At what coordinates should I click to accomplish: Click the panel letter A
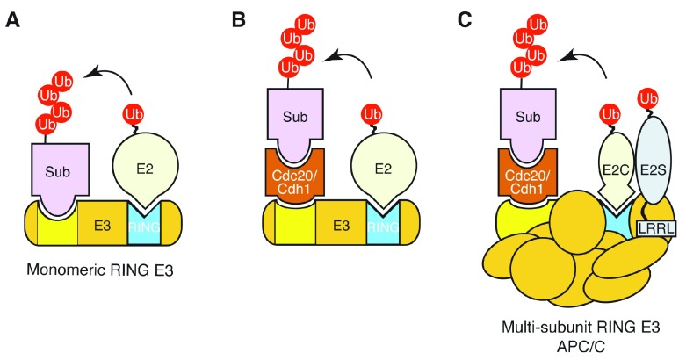[x=12, y=20]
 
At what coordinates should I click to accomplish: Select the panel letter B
[x=238, y=20]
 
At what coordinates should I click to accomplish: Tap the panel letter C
[x=465, y=20]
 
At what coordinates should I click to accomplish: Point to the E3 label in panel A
[x=103, y=226]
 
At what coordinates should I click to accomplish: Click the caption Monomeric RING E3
[x=100, y=270]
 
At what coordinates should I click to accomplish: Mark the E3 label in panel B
[x=342, y=226]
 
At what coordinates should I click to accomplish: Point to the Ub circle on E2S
[x=648, y=99]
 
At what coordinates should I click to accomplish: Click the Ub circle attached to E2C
[x=610, y=115]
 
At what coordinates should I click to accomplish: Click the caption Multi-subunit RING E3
[x=581, y=328]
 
